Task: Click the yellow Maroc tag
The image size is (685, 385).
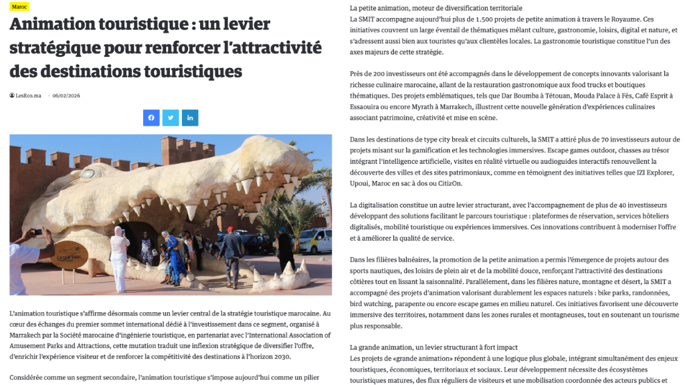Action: tap(19, 7)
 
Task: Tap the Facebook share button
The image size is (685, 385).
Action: tap(151, 118)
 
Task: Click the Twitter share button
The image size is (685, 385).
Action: tap(171, 118)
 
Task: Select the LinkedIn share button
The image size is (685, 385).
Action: tap(190, 118)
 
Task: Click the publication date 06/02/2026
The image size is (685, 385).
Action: tap(66, 96)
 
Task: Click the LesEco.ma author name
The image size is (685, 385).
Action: tap(28, 96)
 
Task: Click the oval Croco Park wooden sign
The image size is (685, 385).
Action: tap(70, 255)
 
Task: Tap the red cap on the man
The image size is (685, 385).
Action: tap(229, 229)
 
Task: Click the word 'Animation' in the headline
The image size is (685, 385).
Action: tap(51, 25)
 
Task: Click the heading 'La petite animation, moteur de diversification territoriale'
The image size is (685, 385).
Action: tap(435, 8)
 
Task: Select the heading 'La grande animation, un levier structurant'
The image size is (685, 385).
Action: tap(433, 347)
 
